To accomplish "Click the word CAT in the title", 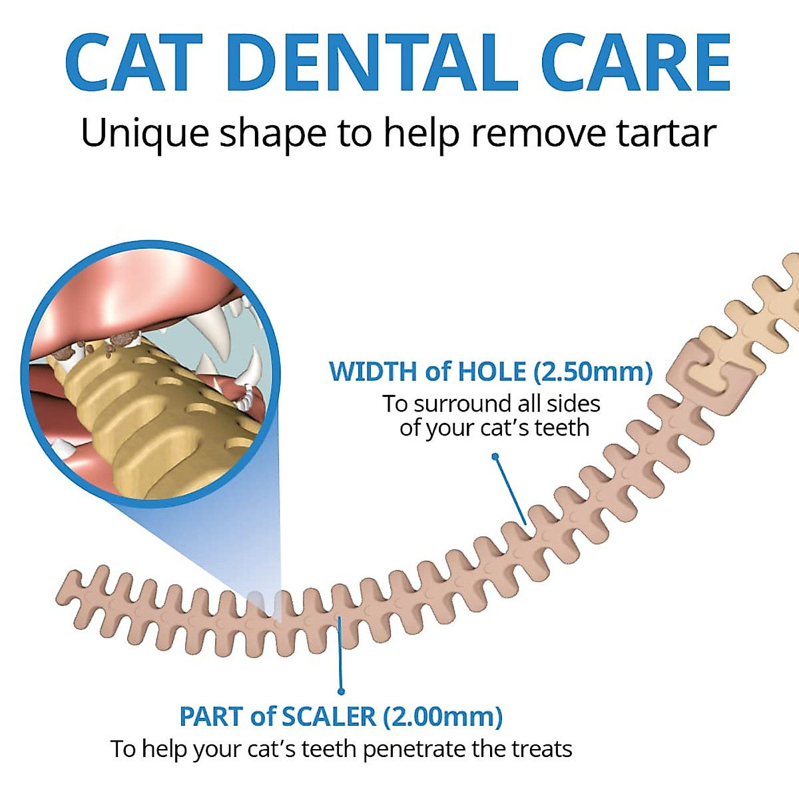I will click(133, 63).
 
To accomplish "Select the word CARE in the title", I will click(636, 63).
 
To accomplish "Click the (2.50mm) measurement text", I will click(593, 372).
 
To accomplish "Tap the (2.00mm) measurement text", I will click(443, 716).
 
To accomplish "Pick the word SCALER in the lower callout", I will click(329, 716).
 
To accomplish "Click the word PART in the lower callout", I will click(211, 716).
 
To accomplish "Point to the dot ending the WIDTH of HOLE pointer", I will click(495, 457).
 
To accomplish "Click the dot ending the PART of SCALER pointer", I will click(342, 691).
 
